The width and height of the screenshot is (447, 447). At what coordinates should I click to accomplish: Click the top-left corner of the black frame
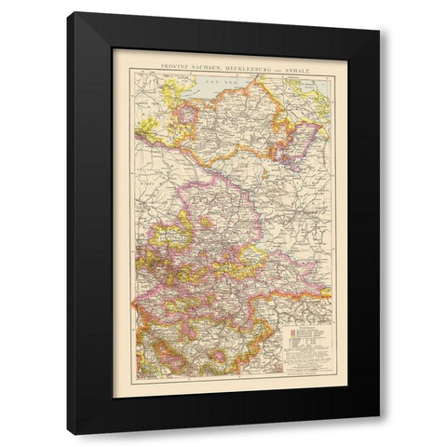(77, 15)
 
